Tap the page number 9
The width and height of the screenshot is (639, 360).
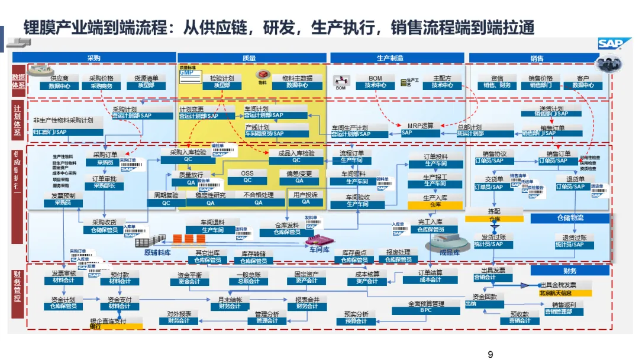(490, 355)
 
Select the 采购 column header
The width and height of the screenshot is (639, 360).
(93, 58)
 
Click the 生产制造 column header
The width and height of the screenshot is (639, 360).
(390, 58)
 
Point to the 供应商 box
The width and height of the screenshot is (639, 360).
(60, 82)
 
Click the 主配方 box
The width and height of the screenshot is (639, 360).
(442, 82)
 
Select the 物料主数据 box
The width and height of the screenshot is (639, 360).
(297, 82)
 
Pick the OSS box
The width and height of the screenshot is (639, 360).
(247, 176)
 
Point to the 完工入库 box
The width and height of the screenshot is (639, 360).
(431, 226)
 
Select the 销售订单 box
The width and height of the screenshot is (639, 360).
(554, 157)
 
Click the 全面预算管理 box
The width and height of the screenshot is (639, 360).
(426, 307)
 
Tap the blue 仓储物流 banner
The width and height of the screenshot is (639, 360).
(569, 218)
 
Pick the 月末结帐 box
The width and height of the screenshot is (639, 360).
(230, 303)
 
